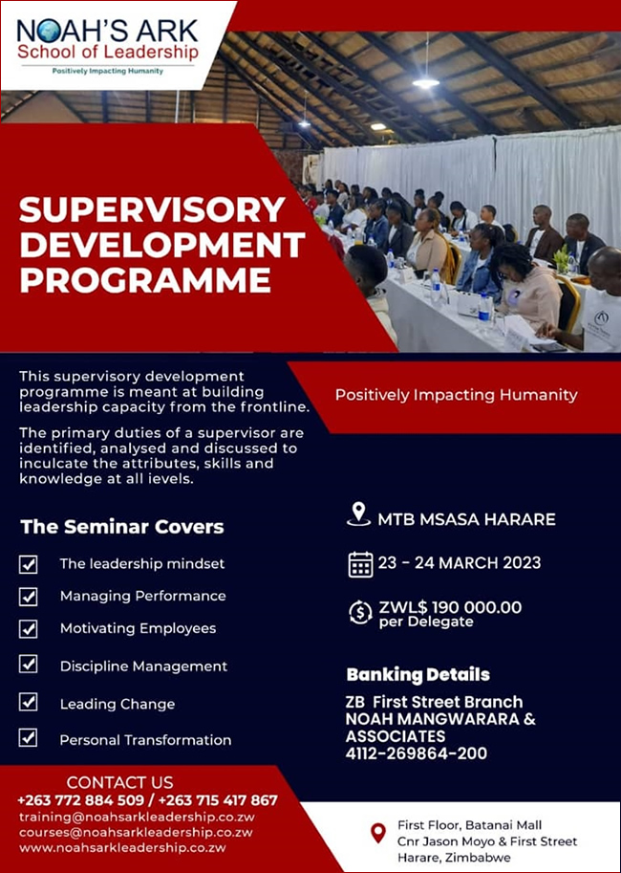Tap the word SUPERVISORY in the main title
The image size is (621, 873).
point(152,210)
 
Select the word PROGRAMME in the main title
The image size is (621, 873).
point(144,280)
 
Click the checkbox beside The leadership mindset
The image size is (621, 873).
point(28,564)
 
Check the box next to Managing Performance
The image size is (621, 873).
point(28,597)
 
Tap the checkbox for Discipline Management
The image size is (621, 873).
point(28,665)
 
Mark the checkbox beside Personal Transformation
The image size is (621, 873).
point(28,738)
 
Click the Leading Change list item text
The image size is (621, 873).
point(118,705)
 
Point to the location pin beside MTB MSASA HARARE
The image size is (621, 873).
point(359,513)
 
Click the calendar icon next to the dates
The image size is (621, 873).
point(360,563)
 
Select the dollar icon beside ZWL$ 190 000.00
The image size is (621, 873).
point(360,612)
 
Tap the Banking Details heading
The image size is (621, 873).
point(418,675)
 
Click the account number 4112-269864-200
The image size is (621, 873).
point(417,753)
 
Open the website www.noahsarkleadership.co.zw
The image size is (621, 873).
point(122,848)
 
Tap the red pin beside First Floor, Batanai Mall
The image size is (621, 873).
point(378,834)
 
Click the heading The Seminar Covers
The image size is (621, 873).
point(122,527)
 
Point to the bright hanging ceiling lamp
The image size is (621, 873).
point(426,82)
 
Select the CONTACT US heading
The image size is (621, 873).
point(119,782)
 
